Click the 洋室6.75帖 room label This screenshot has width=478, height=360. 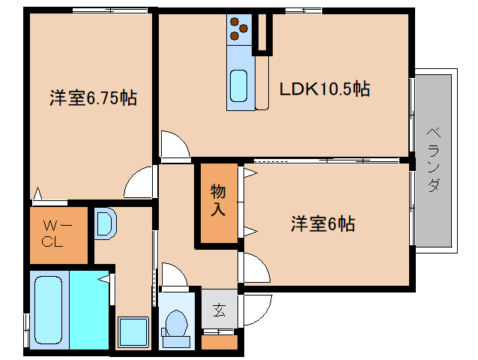click(93, 98)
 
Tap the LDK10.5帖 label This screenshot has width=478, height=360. click(324, 89)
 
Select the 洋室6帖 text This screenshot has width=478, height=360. click(322, 223)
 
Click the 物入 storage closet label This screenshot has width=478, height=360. click(218, 200)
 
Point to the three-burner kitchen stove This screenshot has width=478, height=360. click(239, 29)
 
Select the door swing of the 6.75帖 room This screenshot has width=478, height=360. click(140, 184)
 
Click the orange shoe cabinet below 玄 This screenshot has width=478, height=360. click(220, 342)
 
